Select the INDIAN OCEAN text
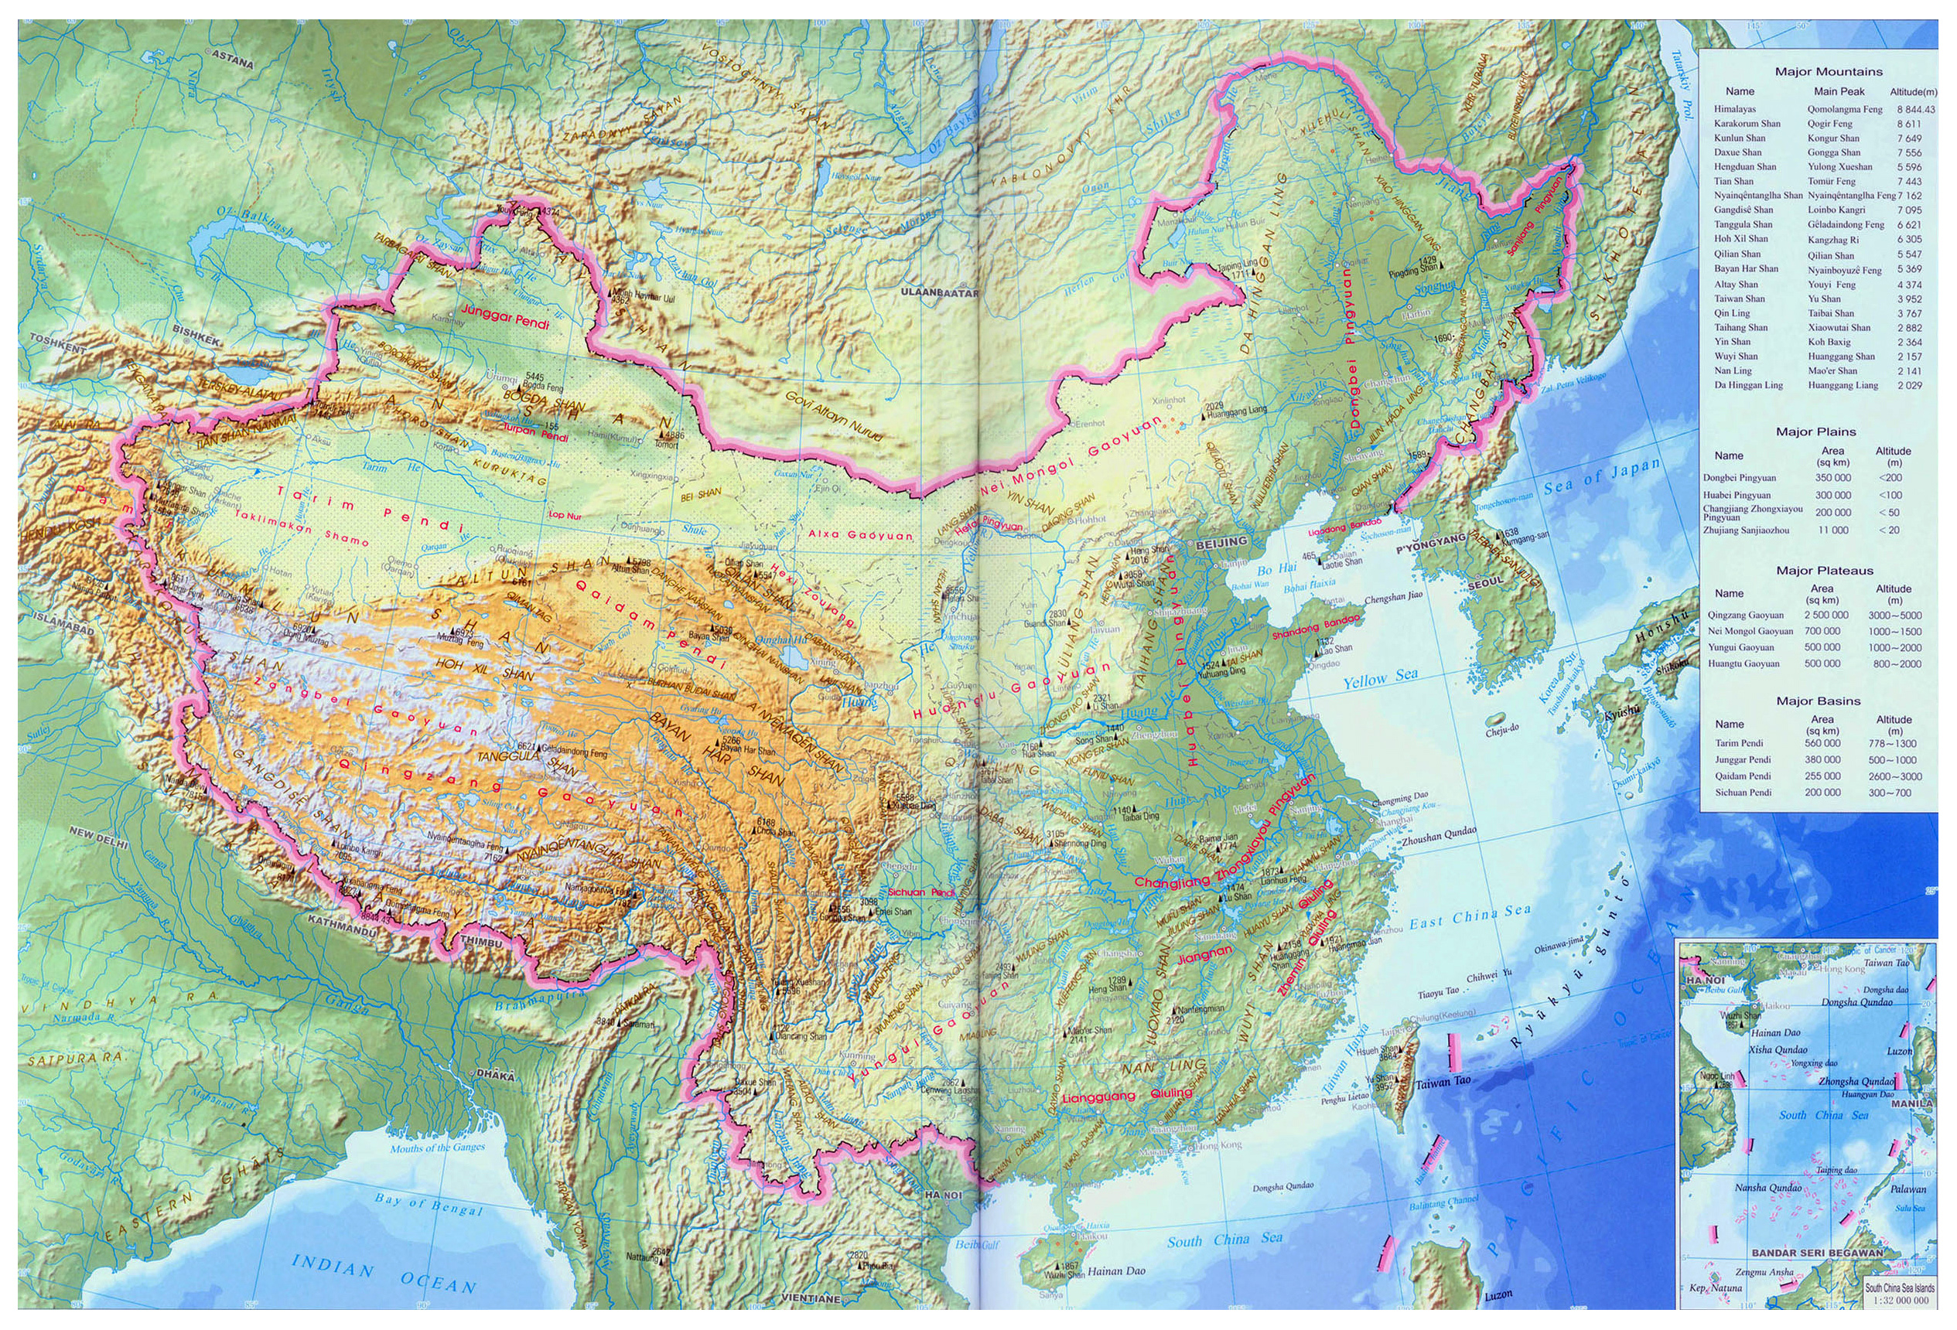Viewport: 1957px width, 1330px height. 383,1276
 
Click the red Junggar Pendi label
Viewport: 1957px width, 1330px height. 504,315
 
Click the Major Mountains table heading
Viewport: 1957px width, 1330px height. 1827,72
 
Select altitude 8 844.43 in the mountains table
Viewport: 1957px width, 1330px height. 1916,110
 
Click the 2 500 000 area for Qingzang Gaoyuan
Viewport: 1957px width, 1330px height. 1822,616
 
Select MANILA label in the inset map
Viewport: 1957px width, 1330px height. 1911,1103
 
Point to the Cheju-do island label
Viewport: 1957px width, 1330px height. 1500,729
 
